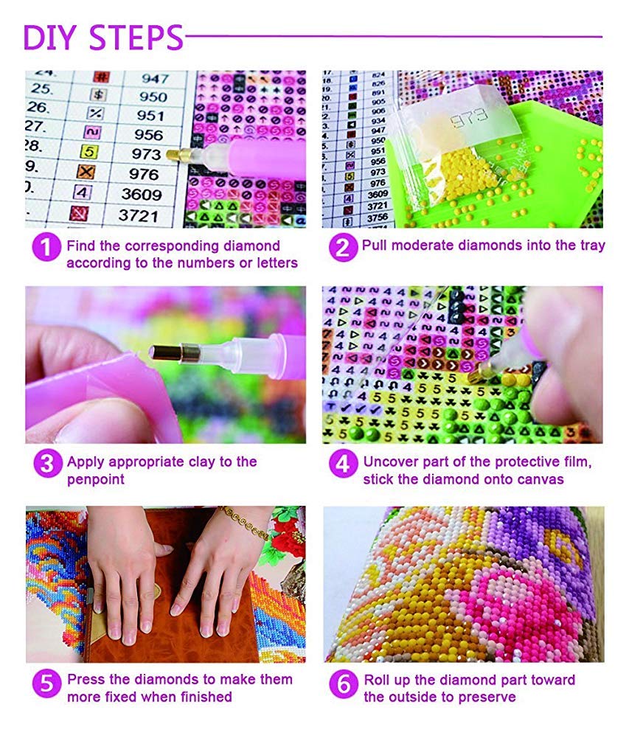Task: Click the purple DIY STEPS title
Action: click(103, 38)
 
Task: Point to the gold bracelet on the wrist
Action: click(244, 522)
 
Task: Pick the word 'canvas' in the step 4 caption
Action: click(541, 479)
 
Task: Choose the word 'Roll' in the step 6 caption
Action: click(378, 679)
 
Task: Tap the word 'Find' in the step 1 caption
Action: click(80, 246)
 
